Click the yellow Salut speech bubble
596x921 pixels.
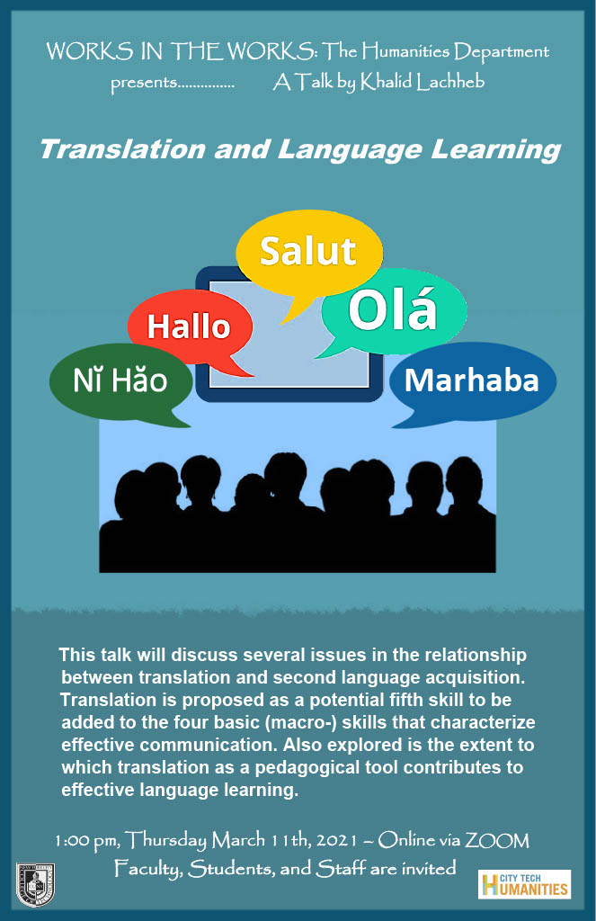coord(309,253)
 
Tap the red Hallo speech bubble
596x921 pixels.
coord(190,326)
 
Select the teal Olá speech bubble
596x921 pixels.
coord(394,309)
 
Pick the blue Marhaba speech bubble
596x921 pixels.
coord(473,381)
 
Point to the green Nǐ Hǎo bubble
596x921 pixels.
coord(121,381)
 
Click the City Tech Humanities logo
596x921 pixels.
coord(524,885)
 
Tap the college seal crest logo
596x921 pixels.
coord(35,885)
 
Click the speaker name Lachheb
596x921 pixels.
coord(451,82)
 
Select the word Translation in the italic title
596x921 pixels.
coord(122,149)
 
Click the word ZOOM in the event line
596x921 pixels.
coord(497,841)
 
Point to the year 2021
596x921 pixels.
coord(336,841)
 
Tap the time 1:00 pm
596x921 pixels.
coord(85,841)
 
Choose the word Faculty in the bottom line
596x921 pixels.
coord(148,868)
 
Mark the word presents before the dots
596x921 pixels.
coord(144,83)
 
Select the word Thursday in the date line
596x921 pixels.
coord(165,840)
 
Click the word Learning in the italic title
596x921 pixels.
coord(496,150)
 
